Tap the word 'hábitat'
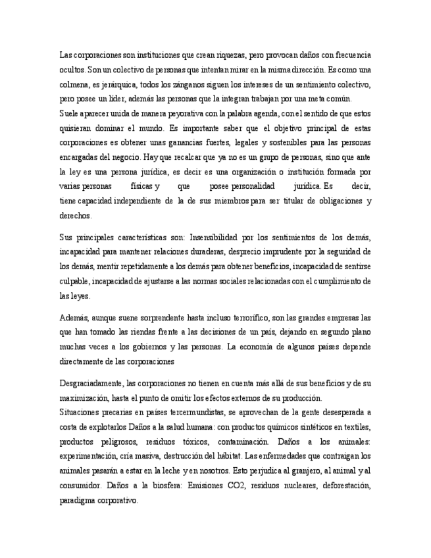[x=220, y=456]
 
